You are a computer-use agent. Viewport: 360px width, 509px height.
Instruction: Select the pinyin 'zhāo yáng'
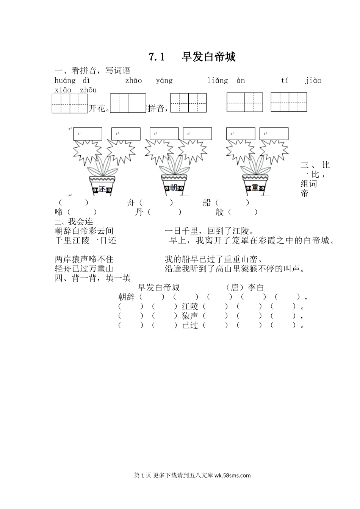(x=149, y=80)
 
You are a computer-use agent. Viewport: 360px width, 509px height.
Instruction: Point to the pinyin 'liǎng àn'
(x=226, y=80)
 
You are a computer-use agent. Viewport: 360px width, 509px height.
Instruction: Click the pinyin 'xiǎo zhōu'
(x=75, y=90)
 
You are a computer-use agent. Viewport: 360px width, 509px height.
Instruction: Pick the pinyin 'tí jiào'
(x=301, y=80)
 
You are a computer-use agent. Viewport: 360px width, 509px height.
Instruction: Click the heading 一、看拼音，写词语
(x=92, y=70)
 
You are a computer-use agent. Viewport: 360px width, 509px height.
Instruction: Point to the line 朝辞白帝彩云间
(x=84, y=231)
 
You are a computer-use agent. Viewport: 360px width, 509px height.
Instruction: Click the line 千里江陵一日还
(x=86, y=240)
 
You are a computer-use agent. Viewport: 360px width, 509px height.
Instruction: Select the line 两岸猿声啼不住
(x=84, y=259)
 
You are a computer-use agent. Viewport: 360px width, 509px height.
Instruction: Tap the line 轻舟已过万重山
(x=84, y=269)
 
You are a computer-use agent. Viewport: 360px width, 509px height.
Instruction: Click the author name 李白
(x=256, y=288)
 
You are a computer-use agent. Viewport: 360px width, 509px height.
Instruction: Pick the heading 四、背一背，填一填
(x=92, y=278)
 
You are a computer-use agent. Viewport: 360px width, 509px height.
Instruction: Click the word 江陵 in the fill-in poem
(x=190, y=306)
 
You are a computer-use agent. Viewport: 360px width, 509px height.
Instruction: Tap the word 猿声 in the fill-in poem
(x=190, y=316)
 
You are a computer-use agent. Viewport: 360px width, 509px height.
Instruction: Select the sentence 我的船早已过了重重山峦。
(x=214, y=259)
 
